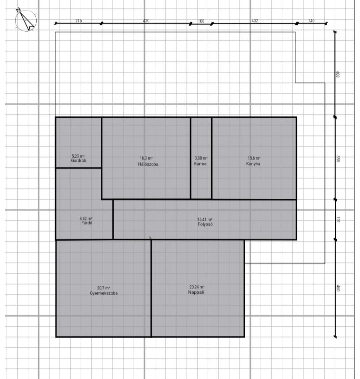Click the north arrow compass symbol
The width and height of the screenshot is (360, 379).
(x=26, y=20)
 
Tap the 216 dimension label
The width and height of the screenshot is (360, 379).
(x=78, y=21)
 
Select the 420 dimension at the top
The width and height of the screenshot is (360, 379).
(x=146, y=21)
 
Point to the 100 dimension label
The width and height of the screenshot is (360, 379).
(x=201, y=21)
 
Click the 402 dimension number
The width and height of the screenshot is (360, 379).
(x=255, y=21)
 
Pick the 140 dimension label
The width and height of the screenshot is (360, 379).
(x=311, y=21)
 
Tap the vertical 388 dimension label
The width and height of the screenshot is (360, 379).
(x=338, y=159)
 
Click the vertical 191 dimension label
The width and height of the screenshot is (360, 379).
(x=338, y=220)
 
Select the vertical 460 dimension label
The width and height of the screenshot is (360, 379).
(x=338, y=288)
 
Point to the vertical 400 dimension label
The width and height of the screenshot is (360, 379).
(x=338, y=74)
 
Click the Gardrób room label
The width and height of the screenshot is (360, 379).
(x=79, y=160)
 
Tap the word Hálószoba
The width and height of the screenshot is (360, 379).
(x=148, y=164)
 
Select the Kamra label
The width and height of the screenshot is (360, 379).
(x=200, y=163)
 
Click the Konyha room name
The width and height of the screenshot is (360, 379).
(x=253, y=163)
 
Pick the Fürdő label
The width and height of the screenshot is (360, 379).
(x=87, y=223)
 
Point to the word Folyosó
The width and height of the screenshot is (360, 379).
(x=205, y=224)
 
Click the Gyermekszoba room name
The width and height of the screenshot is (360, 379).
(x=104, y=293)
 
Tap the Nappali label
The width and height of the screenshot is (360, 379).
(x=196, y=292)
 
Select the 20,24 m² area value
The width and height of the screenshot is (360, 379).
(x=197, y=287)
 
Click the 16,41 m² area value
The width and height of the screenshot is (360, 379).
(x=205, y=220)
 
